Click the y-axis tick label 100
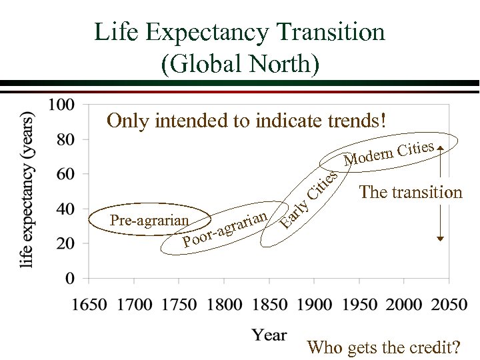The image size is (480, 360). pos(61,105)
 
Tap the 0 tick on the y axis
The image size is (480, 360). pos(70,277)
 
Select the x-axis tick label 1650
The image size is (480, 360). pos(89,304)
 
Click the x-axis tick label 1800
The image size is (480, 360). pos(224,304)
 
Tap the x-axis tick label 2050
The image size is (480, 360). pos(449,304)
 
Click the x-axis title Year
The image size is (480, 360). pos(269,335)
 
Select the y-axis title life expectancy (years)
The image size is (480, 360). pos(28,190)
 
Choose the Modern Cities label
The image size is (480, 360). pos(390,153)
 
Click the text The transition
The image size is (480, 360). pos(410,193)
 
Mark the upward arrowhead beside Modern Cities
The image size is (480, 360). pos(440,142)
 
